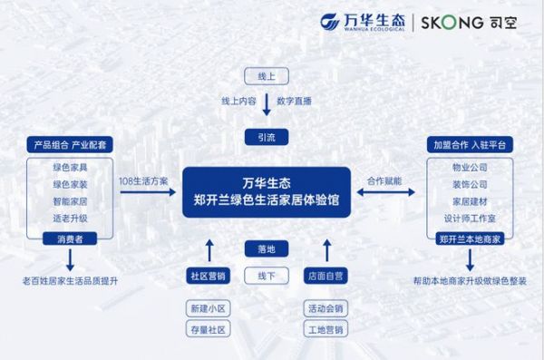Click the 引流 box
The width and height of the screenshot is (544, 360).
(266, 136)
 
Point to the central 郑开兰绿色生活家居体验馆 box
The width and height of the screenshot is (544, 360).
(266, 192)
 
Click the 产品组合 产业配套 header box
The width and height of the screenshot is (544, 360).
(70, 145)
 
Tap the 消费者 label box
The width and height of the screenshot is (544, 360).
(70, 239)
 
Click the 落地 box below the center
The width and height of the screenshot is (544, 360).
(266, 247)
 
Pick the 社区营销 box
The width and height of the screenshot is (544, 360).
(208, 275)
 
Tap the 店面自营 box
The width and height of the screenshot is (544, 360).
(325, 275)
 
